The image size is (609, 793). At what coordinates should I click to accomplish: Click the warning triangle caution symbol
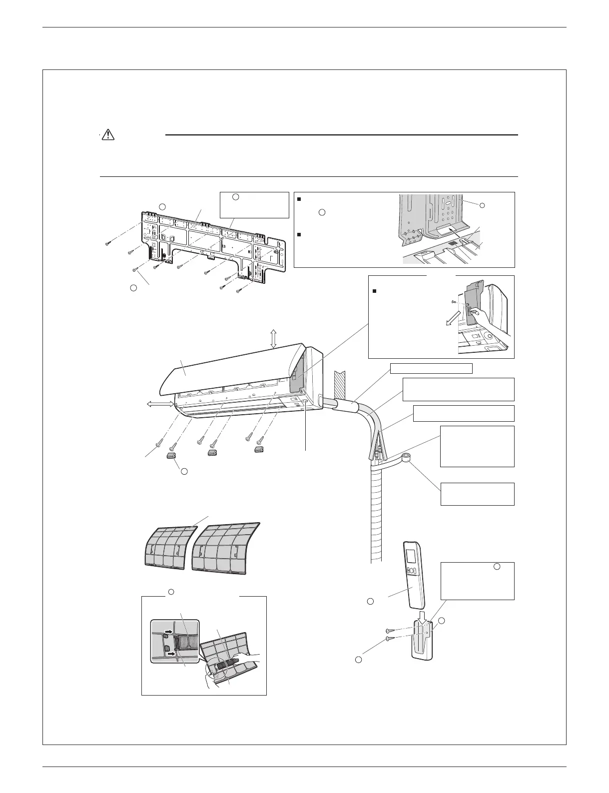pyautogui.click(x=107, y=134)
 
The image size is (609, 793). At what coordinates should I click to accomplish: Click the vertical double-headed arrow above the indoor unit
pyautogui.click(x=273, y=339)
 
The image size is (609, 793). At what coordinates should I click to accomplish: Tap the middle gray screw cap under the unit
pyautogui.click(x=213, y=452)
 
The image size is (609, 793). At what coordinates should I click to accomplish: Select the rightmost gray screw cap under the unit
pyautogui.click(x=258, y=450)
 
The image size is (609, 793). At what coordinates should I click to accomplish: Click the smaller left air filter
pyautogui.click(x=168, y=546)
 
